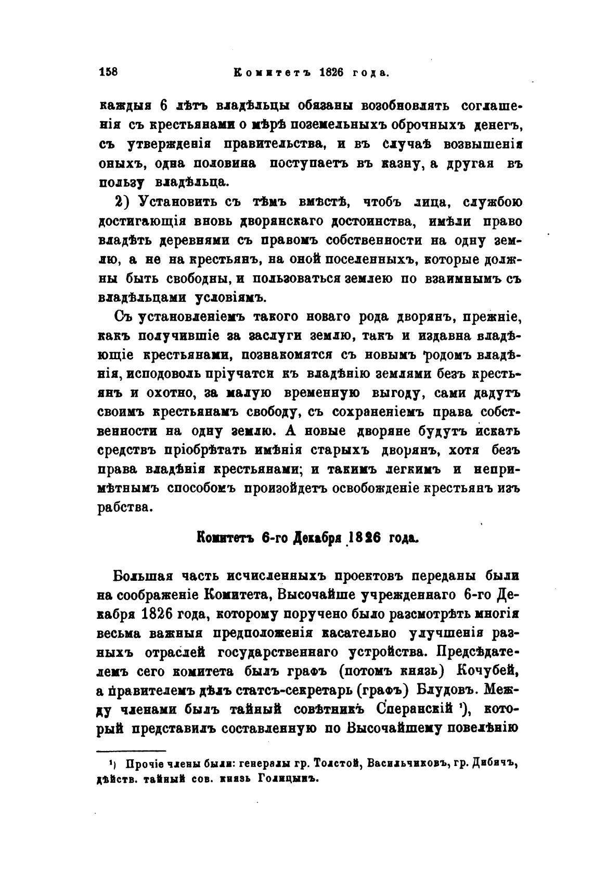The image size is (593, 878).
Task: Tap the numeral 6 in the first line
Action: [x=163, y=106]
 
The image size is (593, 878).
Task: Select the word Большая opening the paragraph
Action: [x=143, y=577]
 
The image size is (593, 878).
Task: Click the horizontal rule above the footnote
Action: [x=132, y=750]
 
